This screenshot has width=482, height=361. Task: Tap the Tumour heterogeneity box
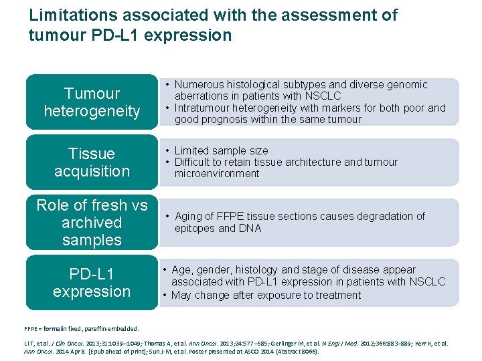tap(92, 102)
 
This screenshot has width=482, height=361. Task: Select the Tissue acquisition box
tap(92, 162)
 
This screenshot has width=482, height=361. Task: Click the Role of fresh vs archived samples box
tap(92, 223)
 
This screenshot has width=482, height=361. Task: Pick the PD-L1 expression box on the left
tap(92, 283)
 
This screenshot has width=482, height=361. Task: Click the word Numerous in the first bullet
tap(200, 85)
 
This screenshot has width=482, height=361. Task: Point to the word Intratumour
tap(204, 108)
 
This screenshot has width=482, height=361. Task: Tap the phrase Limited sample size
tap(221, 150)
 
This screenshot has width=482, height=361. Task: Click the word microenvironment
tap(216, 174)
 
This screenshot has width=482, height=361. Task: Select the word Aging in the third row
tap(189, 217)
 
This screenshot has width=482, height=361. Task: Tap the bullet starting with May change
tap(261, 295)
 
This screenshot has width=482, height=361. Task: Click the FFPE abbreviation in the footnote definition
tap(31, 329)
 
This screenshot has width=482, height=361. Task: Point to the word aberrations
tap(199, 96)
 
